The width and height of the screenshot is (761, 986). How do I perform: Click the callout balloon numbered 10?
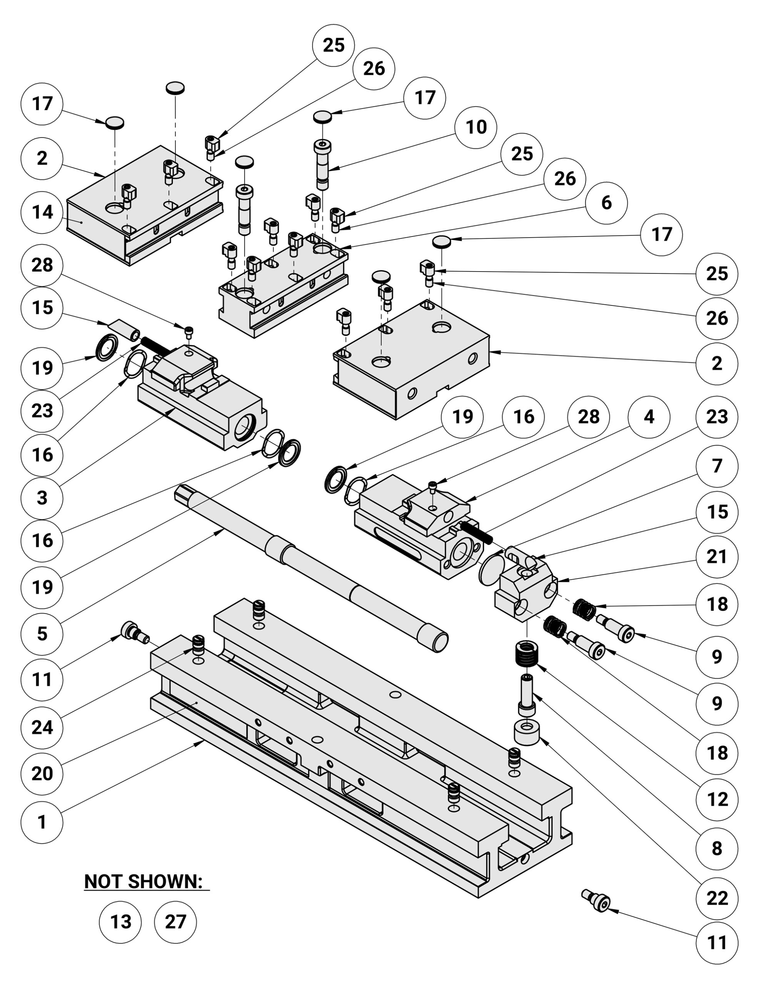476,127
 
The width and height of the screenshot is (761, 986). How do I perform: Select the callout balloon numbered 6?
606,203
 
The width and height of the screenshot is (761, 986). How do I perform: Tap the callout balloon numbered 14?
42,212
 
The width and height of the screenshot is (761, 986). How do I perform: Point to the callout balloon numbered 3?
42,498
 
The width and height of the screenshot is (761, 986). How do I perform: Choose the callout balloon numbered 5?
42,634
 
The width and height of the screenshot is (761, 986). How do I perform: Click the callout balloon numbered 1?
42,822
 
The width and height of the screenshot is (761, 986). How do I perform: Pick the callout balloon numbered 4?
649,417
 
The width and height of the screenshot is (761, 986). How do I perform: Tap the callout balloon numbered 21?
717,557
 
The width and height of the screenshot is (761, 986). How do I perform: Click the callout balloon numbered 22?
717,899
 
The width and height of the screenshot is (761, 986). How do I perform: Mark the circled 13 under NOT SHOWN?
120,921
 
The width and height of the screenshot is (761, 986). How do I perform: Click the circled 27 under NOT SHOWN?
175,921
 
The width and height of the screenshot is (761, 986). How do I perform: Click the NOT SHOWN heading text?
144,881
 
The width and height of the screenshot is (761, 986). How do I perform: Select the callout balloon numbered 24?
42,727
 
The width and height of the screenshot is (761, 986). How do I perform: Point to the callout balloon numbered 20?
42,774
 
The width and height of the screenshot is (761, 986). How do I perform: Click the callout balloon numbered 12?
717,800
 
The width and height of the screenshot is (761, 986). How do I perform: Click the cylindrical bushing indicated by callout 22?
526,733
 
